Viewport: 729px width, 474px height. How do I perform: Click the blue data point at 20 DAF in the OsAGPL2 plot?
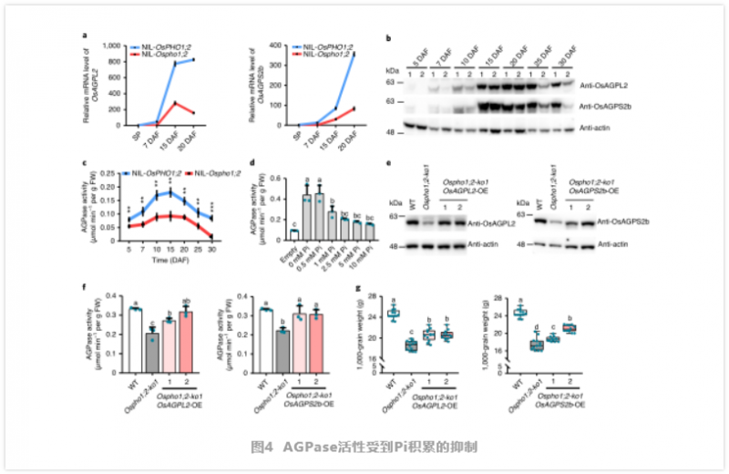pos(193,59)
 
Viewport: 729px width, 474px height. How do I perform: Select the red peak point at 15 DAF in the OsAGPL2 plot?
pos(173,103)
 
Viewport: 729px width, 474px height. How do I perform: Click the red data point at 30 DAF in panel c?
pos(211,237)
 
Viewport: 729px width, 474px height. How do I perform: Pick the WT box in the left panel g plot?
pos(394,314)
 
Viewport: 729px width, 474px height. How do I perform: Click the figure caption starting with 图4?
pos(364,447)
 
